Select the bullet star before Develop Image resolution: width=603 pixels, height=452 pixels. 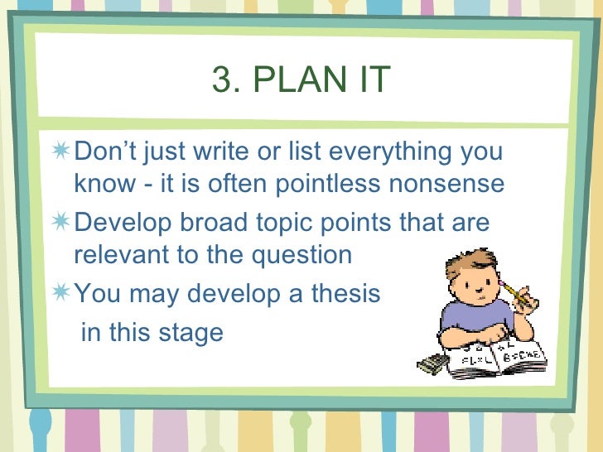pos(61,224)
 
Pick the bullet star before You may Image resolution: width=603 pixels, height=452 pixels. pos(61,294)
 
